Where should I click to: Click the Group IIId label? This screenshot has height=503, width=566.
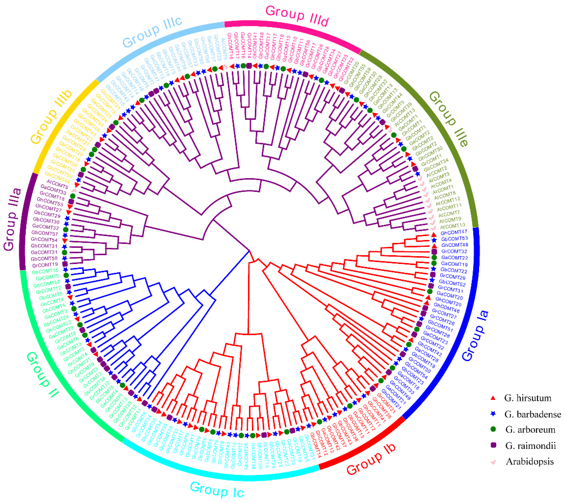tap(297, 17)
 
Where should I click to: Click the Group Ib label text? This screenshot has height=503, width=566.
tap(371, 461)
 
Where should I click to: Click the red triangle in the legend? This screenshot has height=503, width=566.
tap(493, 398)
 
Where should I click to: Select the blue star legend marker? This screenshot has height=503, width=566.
tap(493, 414)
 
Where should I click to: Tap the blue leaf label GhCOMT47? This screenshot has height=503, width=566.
tap(454, 232)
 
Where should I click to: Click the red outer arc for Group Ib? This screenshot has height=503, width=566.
tap(363, 443)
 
